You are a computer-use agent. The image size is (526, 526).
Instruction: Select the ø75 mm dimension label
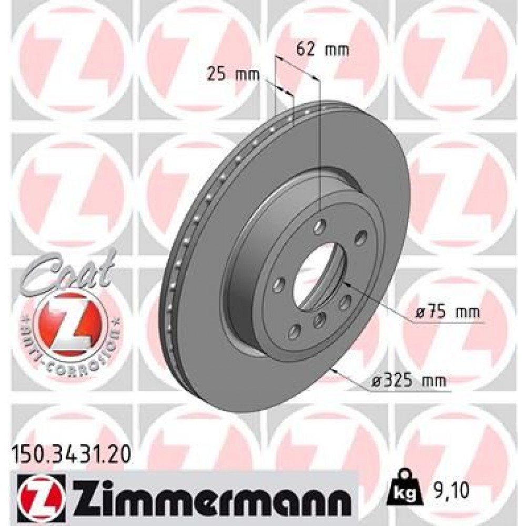tap(447, 312)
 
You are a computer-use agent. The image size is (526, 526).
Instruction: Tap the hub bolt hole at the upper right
tap(360, 237)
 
